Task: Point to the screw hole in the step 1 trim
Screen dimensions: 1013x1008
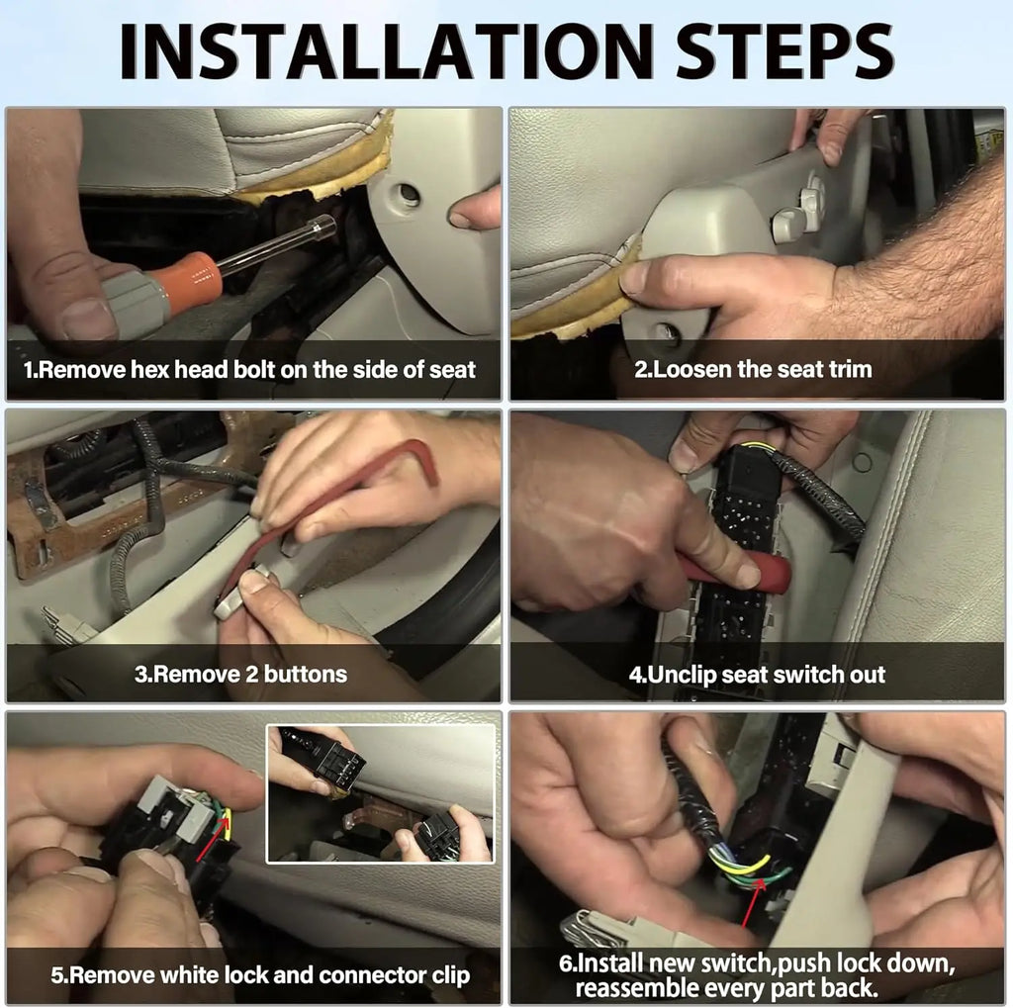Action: tap(408, 193)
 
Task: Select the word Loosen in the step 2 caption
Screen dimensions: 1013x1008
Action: tap(691, 369)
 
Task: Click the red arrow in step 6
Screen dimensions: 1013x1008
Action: tap(753, 903)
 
